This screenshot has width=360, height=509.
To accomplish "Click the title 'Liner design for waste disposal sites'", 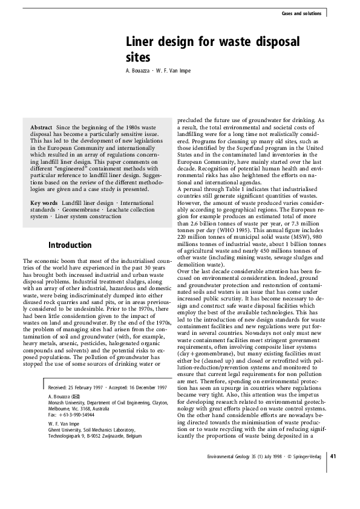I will click(x=212, y=49).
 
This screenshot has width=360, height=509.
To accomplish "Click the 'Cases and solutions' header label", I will click(x=303, y=13).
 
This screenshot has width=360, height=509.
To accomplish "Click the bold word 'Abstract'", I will click(x=42, y=127).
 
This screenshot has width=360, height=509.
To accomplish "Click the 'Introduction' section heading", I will click(x=70, y=245).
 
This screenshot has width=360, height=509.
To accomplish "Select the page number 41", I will click(x=333, y=473).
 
